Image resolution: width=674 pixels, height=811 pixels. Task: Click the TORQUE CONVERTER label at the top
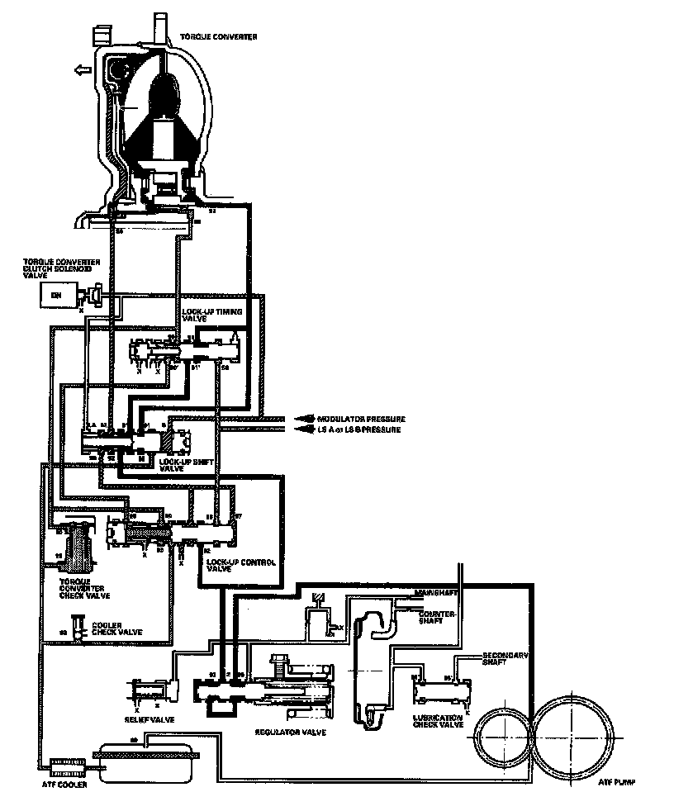click(218, 38)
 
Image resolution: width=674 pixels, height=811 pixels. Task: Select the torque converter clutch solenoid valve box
click(58, 294)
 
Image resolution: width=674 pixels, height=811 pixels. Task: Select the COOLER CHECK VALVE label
click(116, 628)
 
